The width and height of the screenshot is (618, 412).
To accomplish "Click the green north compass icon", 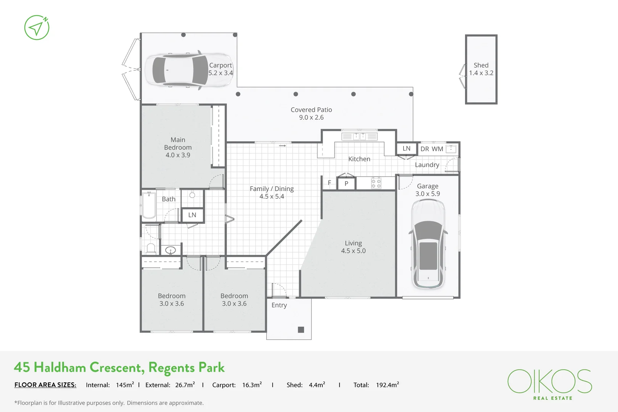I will coord(37,27).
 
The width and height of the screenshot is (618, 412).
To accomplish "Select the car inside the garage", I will coord(428,244).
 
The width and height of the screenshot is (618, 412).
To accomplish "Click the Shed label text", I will coord(481,65).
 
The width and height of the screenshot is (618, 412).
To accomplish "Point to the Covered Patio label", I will coord(311,109).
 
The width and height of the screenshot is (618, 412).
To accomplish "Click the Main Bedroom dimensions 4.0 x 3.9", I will coord(178,155).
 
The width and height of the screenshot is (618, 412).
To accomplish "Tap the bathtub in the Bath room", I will coord(149,205).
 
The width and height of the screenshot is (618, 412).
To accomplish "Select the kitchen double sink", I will coord(359,136).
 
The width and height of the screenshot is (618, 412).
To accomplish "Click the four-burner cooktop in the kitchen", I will coord(376,183).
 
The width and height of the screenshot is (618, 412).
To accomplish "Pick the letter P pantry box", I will coord(346,183).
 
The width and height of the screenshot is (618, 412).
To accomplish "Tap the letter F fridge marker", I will coord(329,183).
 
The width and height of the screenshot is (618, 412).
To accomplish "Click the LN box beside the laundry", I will coord(406,148).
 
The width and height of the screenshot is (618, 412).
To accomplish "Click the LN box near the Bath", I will coord(192,215).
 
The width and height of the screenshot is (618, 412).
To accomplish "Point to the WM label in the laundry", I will coord(437,149).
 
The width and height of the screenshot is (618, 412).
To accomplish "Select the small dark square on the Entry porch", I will coord(301,330).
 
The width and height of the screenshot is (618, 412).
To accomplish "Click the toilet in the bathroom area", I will coord(151,249).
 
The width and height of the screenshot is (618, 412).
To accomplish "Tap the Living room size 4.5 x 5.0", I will coord(353,251).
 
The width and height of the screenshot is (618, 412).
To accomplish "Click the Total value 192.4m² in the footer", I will coord(387,385).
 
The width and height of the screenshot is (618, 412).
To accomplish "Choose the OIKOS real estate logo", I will coord(549,383).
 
